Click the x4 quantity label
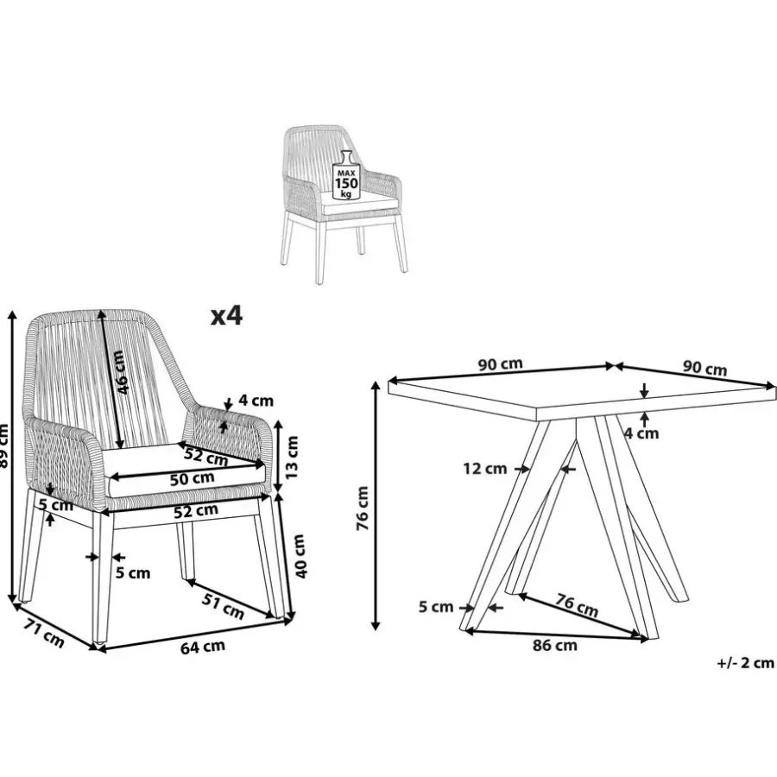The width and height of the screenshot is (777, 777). [226, 316]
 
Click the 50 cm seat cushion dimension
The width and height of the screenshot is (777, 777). [192, 478]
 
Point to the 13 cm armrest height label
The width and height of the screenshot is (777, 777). [293, 457]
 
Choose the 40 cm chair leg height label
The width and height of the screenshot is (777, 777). [300, 555]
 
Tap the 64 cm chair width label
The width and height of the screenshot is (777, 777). [202, 647]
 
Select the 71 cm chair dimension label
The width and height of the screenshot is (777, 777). [44, 633]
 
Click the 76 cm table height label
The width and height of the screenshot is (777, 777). [363, 509]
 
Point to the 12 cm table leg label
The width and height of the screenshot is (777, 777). [485, 468]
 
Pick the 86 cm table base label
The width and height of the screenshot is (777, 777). [555, 645]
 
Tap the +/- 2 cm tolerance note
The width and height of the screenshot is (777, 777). [745, 662]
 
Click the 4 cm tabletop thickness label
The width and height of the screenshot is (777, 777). [641, 433]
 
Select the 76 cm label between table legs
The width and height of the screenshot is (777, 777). [577, 604]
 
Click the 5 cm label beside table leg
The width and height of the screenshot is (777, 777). [436, 607]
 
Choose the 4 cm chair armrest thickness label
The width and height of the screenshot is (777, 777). [256, 400]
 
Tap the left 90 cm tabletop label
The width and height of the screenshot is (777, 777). [501, 364]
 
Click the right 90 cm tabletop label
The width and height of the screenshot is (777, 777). [705, 368]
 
